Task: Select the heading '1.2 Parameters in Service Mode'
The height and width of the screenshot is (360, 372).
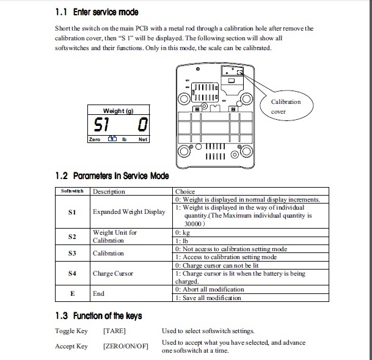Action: click(112, 176)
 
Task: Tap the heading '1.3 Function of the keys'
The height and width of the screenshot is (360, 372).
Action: click(98, 315)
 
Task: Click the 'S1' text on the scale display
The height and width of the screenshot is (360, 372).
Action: click(101, 126)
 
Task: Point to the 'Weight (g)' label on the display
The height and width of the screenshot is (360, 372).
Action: click(119, 111)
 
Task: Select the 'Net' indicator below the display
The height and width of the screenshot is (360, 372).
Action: click(143, 139)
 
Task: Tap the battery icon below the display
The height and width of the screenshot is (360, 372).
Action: click(112, 139)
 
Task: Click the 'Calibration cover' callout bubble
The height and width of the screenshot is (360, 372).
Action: click(286, 106)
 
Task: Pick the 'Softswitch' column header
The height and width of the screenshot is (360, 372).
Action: click(71, 191)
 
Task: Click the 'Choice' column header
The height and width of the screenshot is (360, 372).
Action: click(185, 191)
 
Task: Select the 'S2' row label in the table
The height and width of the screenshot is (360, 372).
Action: click(72, 237)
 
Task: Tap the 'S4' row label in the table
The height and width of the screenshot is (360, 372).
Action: click(72, 273)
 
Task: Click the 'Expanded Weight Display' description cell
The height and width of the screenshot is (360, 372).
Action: click(129, 211)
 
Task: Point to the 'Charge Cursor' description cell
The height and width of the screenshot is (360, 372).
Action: click(113, 273)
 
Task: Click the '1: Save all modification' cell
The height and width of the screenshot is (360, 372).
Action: click(208, 298)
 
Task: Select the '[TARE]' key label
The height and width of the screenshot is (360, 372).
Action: click(115, 331)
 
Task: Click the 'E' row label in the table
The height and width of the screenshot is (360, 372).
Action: click(72, 293)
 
